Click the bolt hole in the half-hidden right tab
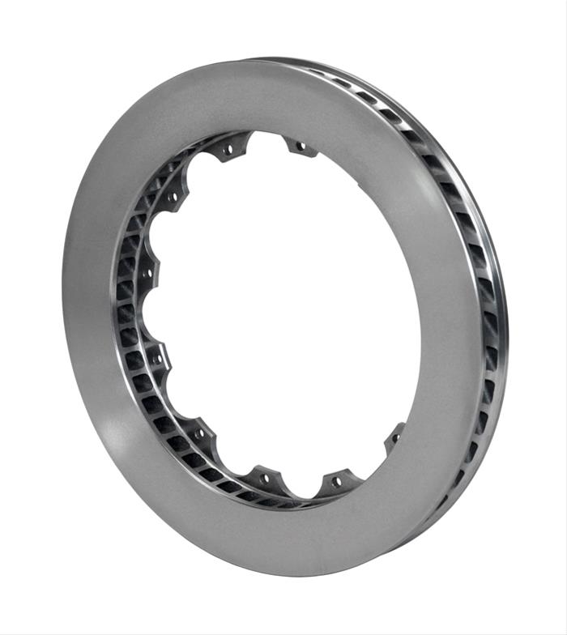tap(396, 437)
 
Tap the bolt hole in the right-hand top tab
tap(301, 147)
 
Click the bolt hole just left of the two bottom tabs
tap(199, 433)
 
